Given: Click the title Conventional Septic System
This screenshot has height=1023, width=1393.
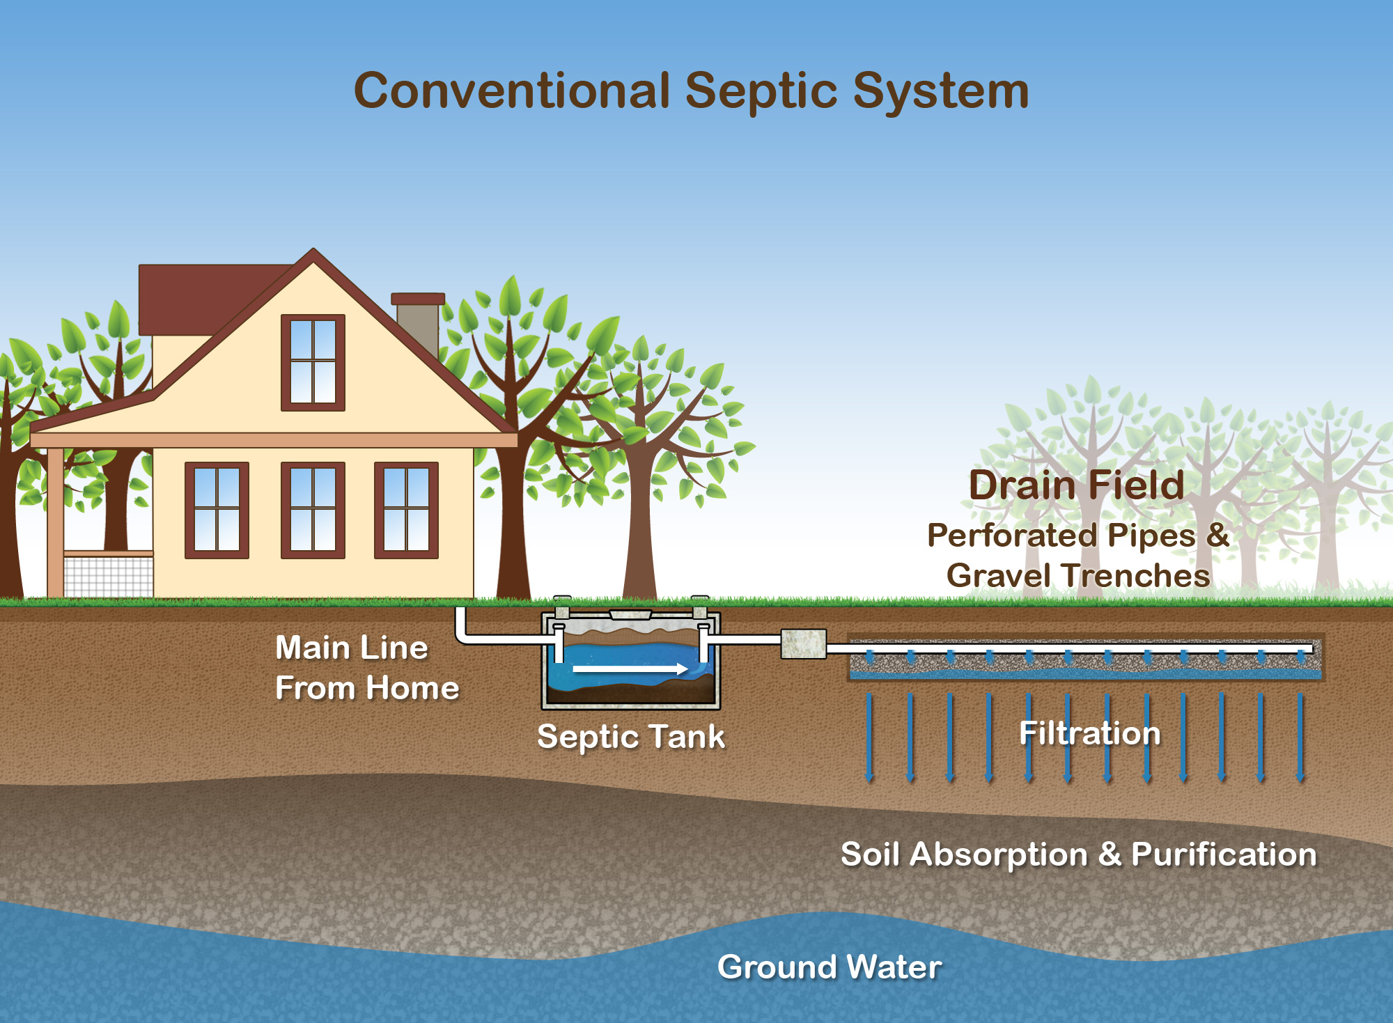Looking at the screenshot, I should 691,91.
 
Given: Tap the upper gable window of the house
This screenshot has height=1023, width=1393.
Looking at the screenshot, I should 313,362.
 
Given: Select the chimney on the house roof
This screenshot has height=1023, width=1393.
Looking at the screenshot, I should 418,324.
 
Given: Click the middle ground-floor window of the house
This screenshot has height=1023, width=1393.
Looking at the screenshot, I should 313,510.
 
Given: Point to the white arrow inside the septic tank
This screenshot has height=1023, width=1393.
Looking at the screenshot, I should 630,669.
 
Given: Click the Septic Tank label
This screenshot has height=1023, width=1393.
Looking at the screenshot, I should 631,737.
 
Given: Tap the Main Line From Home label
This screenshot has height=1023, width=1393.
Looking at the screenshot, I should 366,668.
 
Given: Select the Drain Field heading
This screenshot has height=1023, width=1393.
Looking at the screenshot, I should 1076,485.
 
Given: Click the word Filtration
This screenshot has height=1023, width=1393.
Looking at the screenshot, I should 1090,733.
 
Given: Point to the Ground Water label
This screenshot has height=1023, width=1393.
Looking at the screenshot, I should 830,967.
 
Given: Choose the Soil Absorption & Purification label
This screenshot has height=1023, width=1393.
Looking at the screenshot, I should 1079,854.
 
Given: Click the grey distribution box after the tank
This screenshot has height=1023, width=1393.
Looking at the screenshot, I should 803,644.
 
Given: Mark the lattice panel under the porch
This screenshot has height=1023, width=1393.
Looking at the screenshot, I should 108,577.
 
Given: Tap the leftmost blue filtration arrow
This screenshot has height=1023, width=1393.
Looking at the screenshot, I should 869,737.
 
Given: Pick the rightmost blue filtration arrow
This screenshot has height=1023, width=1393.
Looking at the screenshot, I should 1300,737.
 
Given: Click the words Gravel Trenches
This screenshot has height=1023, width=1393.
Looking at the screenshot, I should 1078,576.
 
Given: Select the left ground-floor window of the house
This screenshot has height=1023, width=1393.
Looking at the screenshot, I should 217,510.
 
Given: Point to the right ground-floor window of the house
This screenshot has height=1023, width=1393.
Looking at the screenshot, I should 406,510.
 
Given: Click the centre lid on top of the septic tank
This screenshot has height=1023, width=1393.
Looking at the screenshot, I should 630,614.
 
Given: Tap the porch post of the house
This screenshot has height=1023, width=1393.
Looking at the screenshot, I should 55,522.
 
